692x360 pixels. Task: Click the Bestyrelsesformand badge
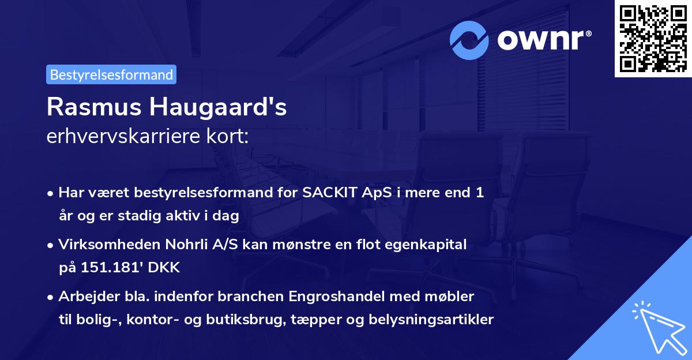[x=111, y=74]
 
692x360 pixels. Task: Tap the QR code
[x=653, y=39]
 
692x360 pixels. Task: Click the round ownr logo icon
[x=469, y=40]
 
